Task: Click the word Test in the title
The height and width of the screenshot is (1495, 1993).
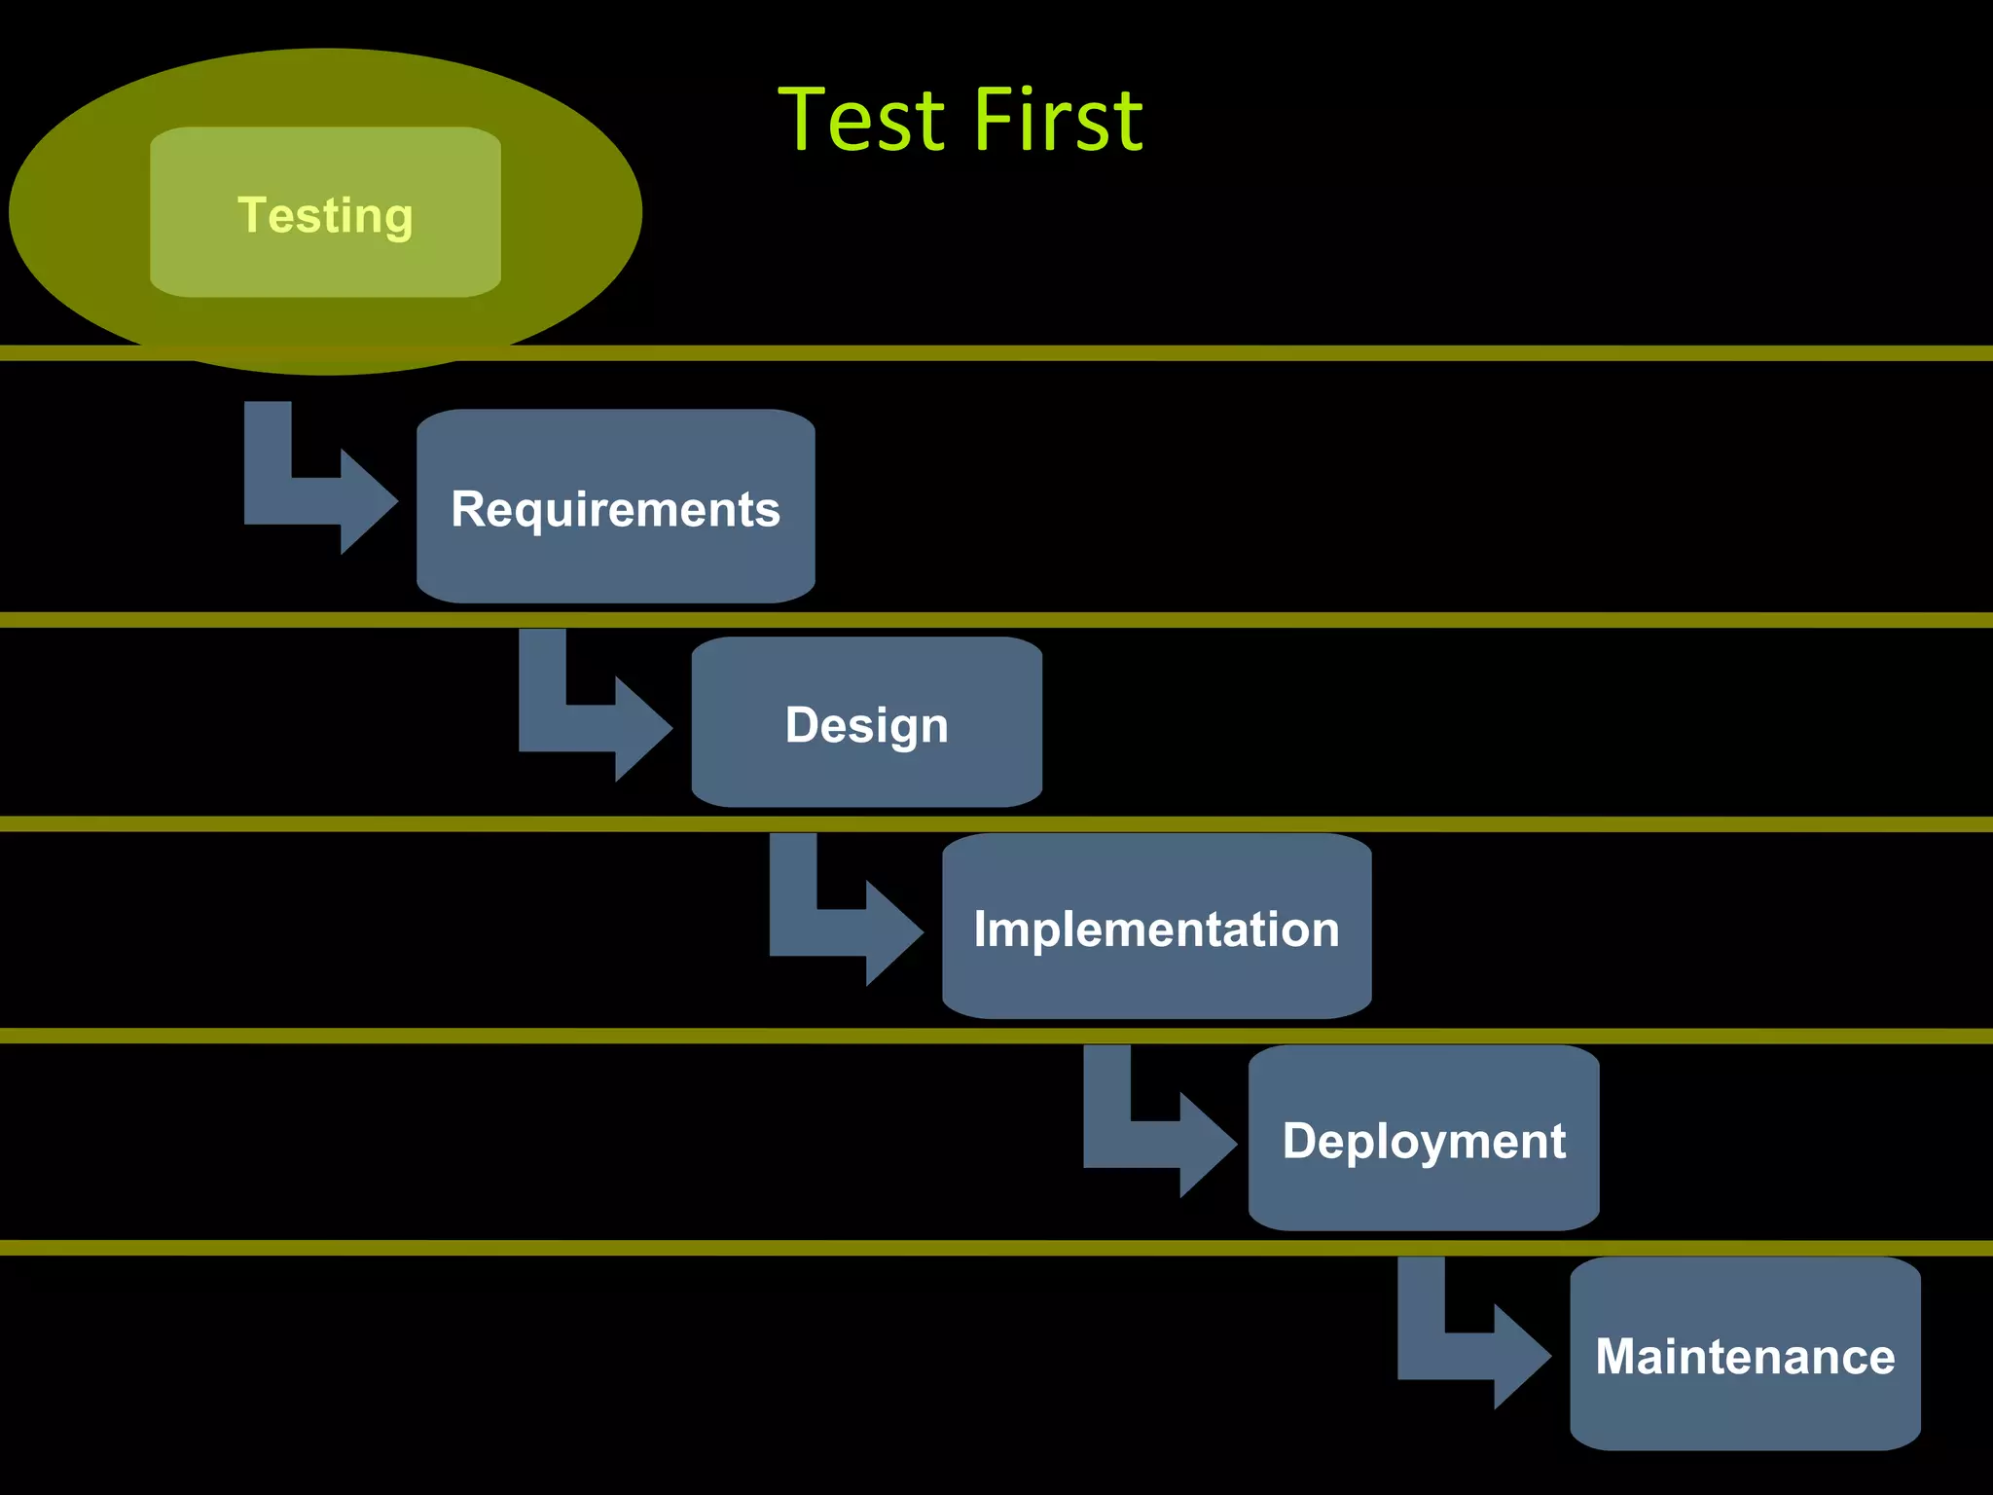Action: pos(861,121)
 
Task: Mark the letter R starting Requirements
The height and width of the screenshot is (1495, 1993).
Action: pos(468,509)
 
